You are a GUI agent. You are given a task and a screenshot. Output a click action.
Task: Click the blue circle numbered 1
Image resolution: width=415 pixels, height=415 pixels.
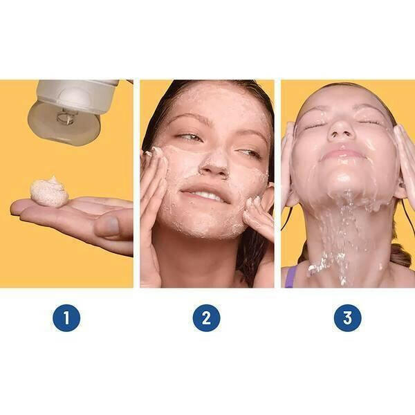coord(66,317)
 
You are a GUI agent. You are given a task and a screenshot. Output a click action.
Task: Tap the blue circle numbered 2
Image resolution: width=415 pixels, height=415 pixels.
coord(206,317)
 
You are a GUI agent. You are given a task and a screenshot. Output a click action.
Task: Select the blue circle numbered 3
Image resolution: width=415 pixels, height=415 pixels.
coord(347,317)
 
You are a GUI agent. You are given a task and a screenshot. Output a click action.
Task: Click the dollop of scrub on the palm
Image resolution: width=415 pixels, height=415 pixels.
coord(49,191)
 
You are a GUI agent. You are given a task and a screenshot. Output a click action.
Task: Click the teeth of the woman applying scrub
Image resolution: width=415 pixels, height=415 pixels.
coord(205,195)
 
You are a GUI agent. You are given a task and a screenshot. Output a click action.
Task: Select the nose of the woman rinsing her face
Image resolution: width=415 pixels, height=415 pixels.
coord(341,132)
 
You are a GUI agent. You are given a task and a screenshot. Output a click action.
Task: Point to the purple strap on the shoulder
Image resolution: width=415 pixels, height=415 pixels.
coord(290,277)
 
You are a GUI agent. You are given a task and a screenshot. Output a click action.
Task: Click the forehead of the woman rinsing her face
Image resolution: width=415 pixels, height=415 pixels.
coord(342,99)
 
